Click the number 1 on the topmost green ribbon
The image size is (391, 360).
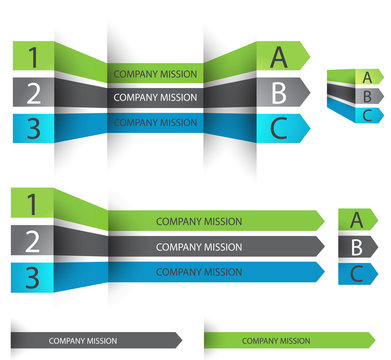click(x=33, y=57)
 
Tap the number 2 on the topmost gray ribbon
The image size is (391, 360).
click(x=33, y=93)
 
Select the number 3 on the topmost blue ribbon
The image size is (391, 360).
click(x=33, y=128)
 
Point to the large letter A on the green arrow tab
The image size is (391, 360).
click(x=279, y=57)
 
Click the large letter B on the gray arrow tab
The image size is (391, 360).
click(x=279, y=92)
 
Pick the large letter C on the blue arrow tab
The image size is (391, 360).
click(x=279, y=127)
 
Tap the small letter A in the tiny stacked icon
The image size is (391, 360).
click(x=368, y=77)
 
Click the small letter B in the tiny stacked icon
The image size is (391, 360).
click(x=368, y=96)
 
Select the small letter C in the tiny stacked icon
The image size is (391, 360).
click(x=368, y=114)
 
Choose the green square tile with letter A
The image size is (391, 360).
click(x=357, y=220)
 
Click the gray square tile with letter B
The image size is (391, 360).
click(x=357, y=247)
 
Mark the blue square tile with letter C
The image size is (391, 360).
click(x=357, y=273)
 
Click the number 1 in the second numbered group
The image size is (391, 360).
click(x=32, y=205)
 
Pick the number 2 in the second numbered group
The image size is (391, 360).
click(x=32, y=241)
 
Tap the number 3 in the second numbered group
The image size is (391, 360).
click(x=32, y=277)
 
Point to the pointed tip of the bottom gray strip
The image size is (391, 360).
click(x=180, y=339)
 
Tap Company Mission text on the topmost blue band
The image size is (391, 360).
click(x=155, y=123)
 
